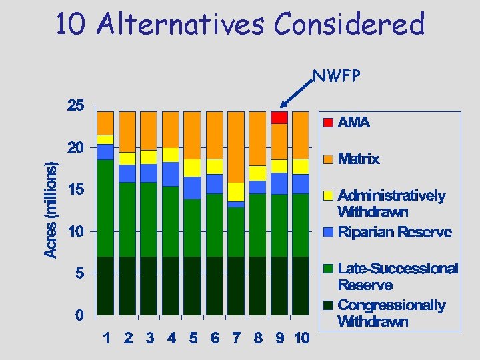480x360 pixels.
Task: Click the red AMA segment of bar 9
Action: [x=279, y=117]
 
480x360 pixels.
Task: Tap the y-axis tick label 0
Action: [x=79, y=315]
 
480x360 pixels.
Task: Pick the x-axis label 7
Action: [x=236, y=338]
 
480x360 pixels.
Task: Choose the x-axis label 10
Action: [x=301, y=338]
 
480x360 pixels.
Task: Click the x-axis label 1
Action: [x=107, y=338]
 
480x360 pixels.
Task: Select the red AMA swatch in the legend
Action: [x=329, y=123]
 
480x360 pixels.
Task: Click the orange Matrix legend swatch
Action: [x=329, y=159]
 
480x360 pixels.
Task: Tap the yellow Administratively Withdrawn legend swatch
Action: [x=329, y=196]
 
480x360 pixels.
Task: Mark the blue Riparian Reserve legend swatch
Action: [x=329, y=232]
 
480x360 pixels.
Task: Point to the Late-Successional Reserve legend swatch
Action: [x=329, y=269]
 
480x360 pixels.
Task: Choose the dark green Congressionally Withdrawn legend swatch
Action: [x=329, y=305]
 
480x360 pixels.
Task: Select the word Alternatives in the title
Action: [x=181, y=25]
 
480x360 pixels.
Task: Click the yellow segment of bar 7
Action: [x=236, y=192]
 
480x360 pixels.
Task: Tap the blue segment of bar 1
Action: [x=105, y=152]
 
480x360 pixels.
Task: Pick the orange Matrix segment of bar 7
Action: [x=236, y=147]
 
